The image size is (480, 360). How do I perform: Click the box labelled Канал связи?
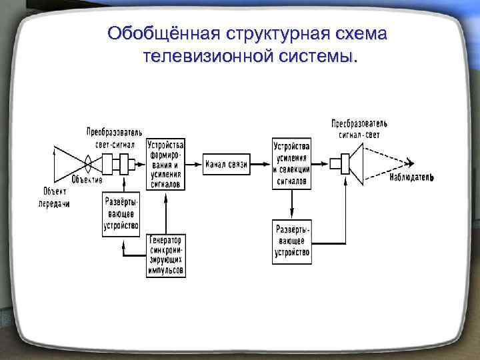[227, 164]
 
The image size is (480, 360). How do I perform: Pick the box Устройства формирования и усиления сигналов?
[167, 164]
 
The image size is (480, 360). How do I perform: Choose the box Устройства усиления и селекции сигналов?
[292, 163]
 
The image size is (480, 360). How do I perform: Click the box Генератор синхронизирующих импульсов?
[167, 255]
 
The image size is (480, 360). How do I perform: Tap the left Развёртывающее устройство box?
[121, 213]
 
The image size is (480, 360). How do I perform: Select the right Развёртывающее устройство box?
[293, 241]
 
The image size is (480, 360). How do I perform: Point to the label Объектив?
[87, 181]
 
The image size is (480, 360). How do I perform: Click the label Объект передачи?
[54, 198]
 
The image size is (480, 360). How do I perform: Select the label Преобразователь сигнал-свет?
[359, 129]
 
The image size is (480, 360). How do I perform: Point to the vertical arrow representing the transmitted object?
[54, 163]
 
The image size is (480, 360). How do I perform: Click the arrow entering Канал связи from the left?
[194, 163]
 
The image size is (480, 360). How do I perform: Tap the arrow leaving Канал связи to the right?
[260, 163]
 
